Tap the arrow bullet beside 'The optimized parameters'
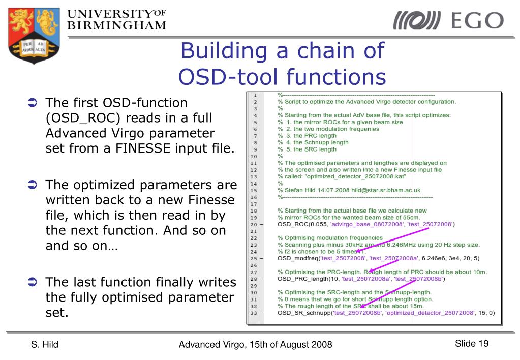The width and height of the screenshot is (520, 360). [x=32, y=184]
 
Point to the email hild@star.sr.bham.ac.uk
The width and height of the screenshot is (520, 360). [x=386, y=190]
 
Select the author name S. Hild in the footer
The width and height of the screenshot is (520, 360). [x=44, y=345]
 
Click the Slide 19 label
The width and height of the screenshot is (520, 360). [x=471, y=344]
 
